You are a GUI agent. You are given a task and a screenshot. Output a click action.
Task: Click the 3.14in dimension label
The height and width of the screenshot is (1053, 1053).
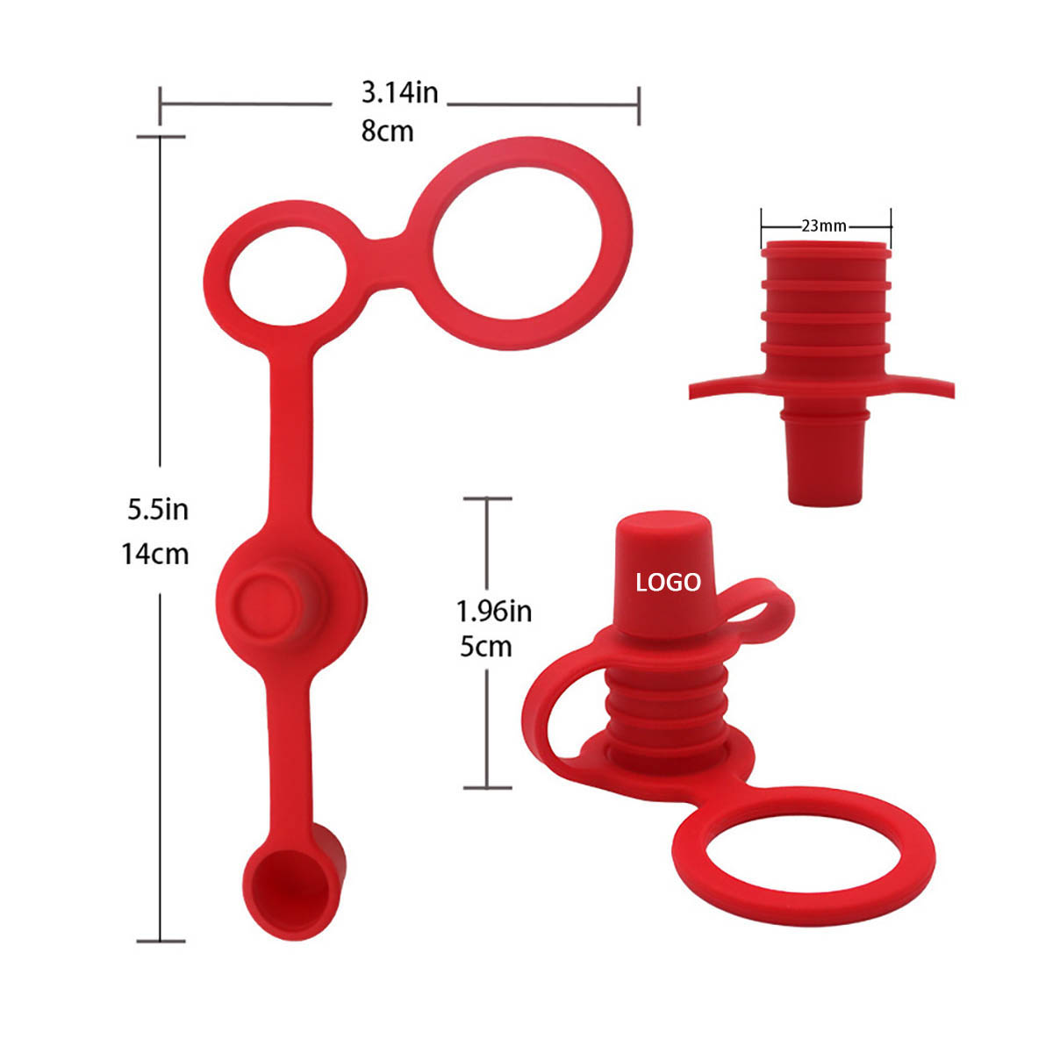click(x=399, y=92)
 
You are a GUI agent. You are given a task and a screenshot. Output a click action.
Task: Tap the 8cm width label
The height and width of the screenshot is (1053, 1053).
click(x=387, y=132)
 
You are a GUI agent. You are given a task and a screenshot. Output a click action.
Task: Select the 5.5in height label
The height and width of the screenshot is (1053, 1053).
click(x=158, y=510)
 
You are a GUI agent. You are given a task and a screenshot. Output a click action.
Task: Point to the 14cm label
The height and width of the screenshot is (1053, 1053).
click(x=155, y=554)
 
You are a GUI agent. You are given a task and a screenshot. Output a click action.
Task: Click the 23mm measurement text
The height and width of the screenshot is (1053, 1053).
click(x=824, y=226)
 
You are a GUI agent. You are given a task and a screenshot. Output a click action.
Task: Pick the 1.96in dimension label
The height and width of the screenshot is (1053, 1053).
click(x=494, y=611)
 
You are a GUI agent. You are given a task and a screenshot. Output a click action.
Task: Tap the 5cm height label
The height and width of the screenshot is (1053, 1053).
click(x=486, y=647)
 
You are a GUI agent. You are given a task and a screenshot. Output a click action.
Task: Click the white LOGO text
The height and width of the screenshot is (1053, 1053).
click(x=668, y=583)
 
